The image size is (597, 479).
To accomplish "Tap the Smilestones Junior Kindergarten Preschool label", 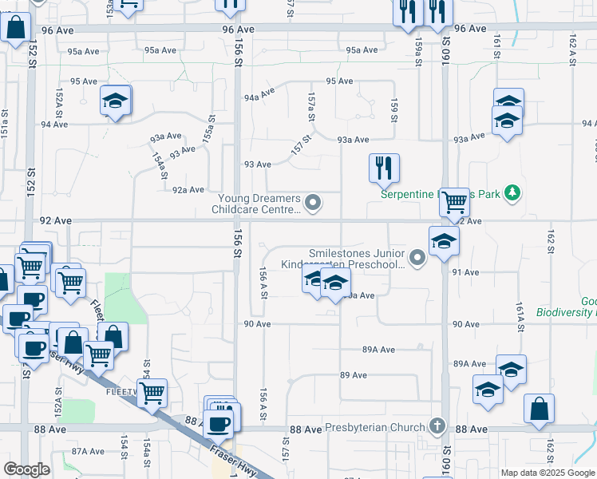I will click(x=344, y=258).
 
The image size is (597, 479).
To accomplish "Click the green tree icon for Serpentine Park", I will click(x=513, y=193).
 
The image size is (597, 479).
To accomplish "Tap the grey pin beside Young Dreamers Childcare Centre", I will click(x=314, y=204).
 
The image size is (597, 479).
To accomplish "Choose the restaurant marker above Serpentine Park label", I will click(x=384, y=168).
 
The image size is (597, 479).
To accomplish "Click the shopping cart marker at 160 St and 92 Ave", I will click(x=454, y=202).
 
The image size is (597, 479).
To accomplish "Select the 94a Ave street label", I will click(x=259, y=96).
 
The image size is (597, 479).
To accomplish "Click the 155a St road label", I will click(x=210, y=129).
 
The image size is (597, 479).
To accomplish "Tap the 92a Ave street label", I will click(x=189, y=189).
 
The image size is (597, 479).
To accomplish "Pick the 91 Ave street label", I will click(x=465, y=272).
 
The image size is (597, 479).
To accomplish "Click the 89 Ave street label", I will click(x=353, y=375).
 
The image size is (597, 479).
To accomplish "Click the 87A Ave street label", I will click(x=85, y=451).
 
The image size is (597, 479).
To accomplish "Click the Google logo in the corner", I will click(x=26, y=470).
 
